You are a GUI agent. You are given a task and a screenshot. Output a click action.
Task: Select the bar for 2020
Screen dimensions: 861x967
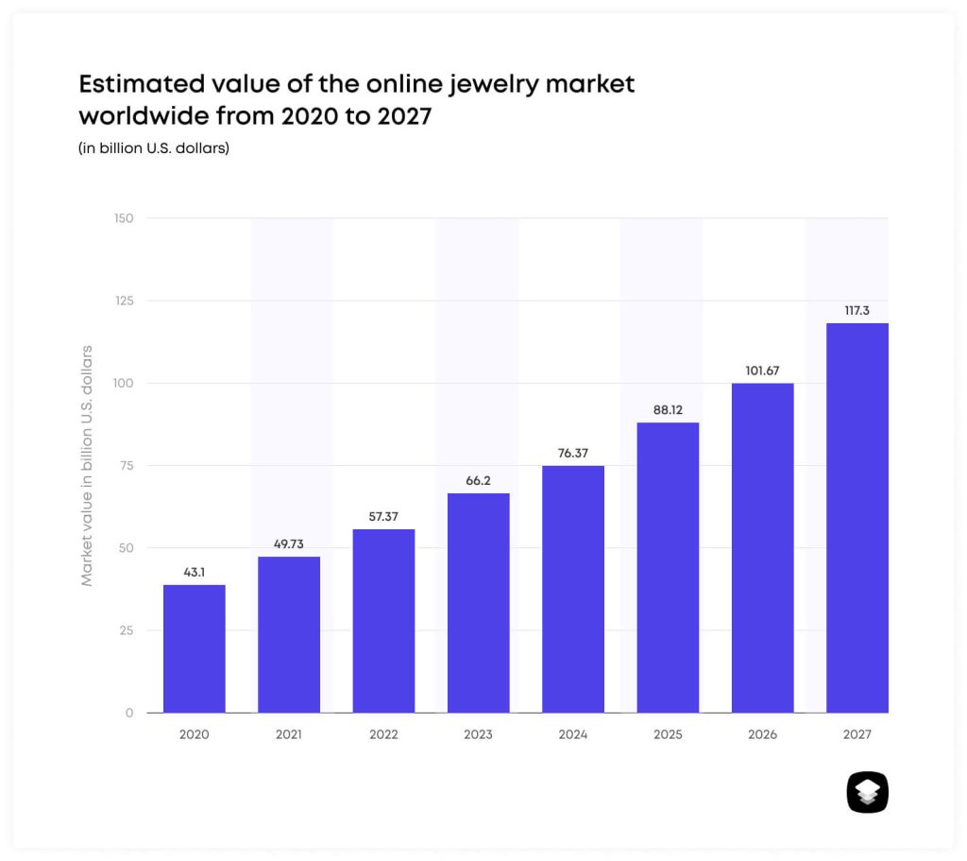[x=194, y=648]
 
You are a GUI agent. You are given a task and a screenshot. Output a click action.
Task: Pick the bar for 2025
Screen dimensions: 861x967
[x=668, y=567]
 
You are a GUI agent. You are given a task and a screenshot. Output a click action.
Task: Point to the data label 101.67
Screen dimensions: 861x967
[x=761, y=370]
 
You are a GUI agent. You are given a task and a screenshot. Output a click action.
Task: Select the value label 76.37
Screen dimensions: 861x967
[x=573, y=454]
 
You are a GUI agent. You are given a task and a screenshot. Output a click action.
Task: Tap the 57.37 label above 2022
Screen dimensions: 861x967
[x=383, y=516]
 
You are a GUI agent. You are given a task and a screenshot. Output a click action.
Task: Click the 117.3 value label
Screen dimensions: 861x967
[x=857, y=310]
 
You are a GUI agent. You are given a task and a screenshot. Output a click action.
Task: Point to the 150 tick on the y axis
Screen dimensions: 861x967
[x=124, y=218]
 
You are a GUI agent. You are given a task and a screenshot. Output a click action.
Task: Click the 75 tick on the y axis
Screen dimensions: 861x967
[x=127, y=466]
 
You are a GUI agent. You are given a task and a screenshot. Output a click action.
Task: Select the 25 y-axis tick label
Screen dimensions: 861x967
[x=127, y=630]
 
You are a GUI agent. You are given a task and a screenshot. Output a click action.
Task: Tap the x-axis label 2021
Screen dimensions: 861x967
[x=288, y=734]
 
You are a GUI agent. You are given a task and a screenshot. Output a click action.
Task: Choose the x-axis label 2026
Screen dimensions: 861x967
[x=761, y=734]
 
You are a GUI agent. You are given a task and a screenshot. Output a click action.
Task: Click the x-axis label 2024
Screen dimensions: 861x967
[x=573, y=734]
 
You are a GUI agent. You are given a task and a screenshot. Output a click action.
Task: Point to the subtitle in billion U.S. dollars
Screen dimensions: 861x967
[x=154, y=148]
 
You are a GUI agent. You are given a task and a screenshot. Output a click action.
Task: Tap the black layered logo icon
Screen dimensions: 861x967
[x=867, y=792]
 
